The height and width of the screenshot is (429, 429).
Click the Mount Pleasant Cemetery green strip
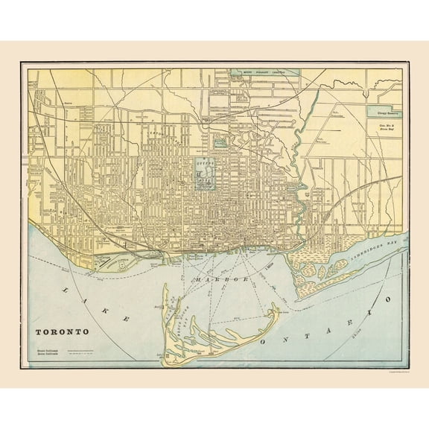pyautogui.click(x=264, y=72)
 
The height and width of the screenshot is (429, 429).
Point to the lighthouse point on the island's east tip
pyautogui.click(x=277, y=306)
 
